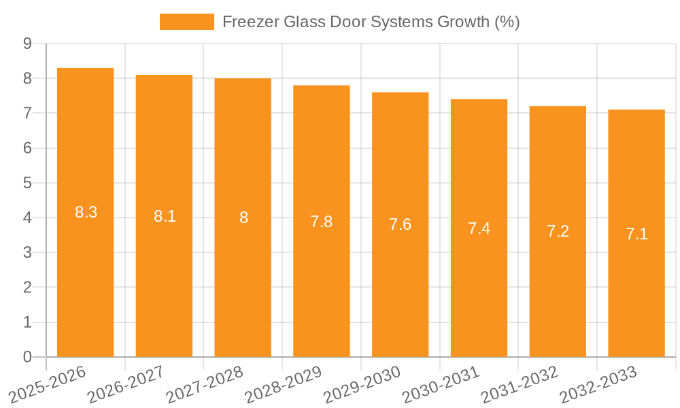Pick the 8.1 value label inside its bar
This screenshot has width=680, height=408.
pyautogui.click(x=165, y=216)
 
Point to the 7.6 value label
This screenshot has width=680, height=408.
pyautogui.click(x=400, y=224)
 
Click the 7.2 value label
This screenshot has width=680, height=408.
pyautogui.click(x=558, y=231)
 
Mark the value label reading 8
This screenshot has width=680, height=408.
pyautogui.click(x=243, y=218)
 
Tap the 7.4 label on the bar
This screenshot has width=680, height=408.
pyautogui.click(x=479, y=228)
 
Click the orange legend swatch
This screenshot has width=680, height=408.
pyautogui.click(x=186, y=22)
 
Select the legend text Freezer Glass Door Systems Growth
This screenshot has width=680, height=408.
pyautogui.click(x=371, y=22)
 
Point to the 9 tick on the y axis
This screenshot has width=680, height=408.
pyautogui.click(x=27, y=44)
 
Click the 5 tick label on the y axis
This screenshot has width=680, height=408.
pyautogui.click(x=27, y=183)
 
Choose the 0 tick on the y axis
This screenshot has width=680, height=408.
pyautogui.click(x=27, y=357)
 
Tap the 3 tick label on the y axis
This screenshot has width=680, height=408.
pyautogui.click(x=27, y=253)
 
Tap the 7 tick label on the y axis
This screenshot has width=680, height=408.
pyautogui.click(x=27, y=113)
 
